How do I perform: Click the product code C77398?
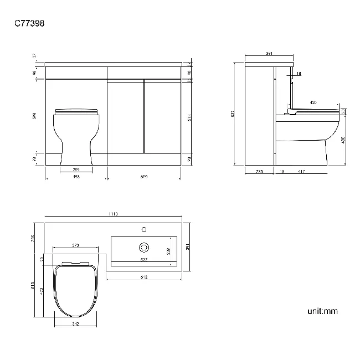click(x=29, y=23)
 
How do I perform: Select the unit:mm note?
click(x=322, y=311)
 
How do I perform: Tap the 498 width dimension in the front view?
click(x=76, y=176)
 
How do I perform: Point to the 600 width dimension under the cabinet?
click(x=144, y=176)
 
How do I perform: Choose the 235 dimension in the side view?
click(x=259, y=172)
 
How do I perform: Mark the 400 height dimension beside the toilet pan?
click(x=343, y=140)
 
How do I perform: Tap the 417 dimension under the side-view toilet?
click(x=301, y=172)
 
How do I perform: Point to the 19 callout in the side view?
click(x=299, y=74)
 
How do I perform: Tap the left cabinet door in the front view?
click(x=126, y=116)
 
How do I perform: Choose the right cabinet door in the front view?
click(x=162, y=116)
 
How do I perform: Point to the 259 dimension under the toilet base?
click(x=76, y=169)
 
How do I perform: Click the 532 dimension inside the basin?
click(x=144, y=259)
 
